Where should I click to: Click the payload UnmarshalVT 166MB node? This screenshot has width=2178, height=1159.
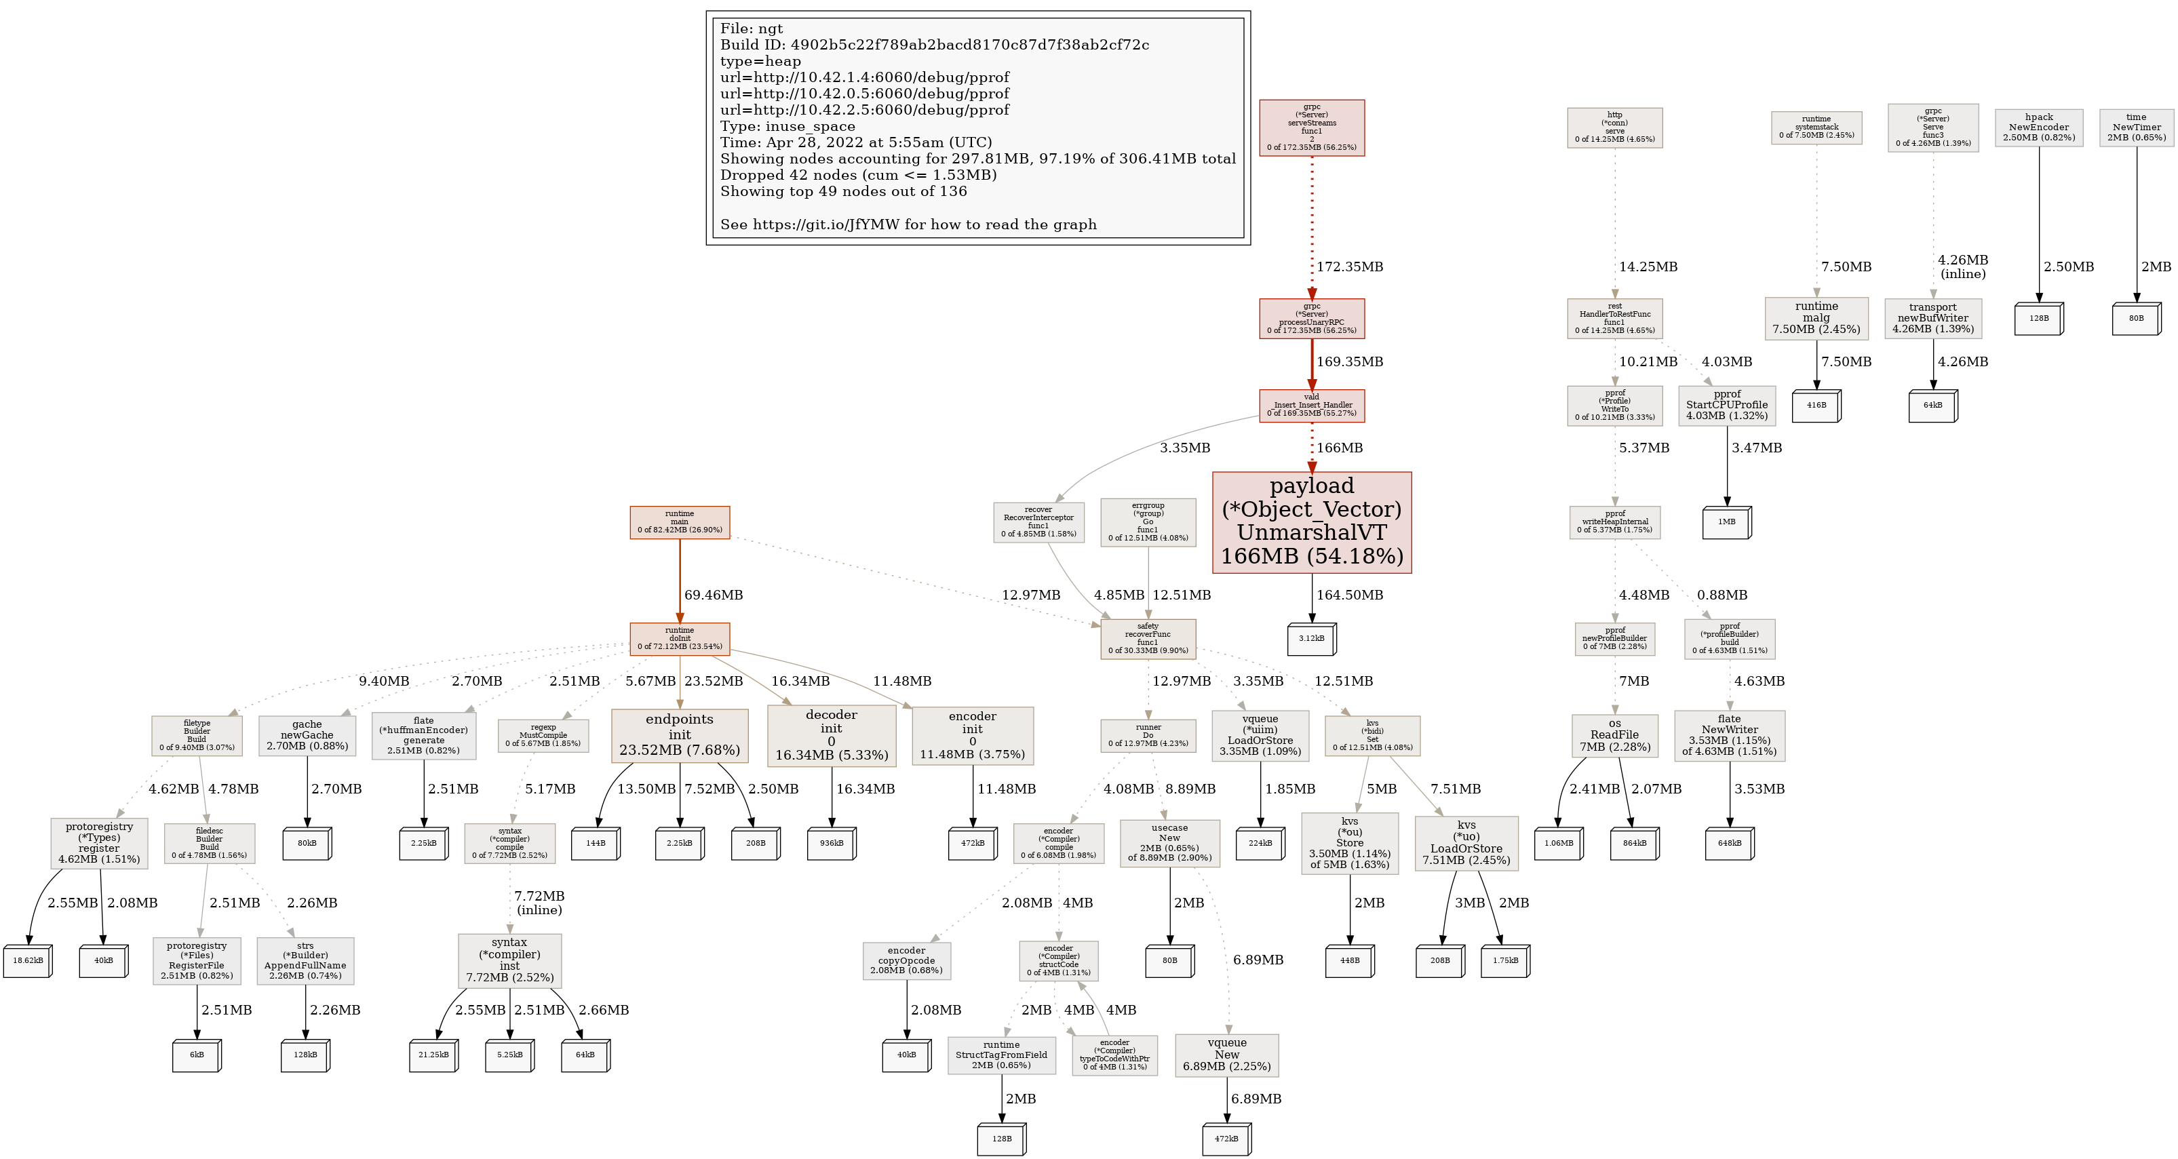1311,522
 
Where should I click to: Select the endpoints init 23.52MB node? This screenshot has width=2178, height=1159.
679,734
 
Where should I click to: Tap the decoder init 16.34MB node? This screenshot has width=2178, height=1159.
831,734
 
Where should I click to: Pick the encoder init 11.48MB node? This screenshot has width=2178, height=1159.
972,734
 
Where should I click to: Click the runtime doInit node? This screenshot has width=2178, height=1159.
679,638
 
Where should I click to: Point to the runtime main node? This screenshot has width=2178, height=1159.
679,522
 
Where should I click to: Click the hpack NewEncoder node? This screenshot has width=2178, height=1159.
2038,127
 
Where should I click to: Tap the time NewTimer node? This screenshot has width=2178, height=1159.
2136,127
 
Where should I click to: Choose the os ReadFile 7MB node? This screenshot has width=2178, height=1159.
1614,734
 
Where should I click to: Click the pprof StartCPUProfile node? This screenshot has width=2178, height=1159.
1726,405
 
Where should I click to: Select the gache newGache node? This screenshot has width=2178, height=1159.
307,734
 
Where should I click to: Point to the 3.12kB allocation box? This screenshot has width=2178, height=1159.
1310,638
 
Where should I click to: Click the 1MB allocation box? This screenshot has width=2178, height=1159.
1726,522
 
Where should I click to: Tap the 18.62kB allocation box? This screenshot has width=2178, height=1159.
27,960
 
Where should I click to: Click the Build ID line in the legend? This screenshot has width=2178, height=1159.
934,45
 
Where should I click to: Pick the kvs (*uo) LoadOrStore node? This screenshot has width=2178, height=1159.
1466,842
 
